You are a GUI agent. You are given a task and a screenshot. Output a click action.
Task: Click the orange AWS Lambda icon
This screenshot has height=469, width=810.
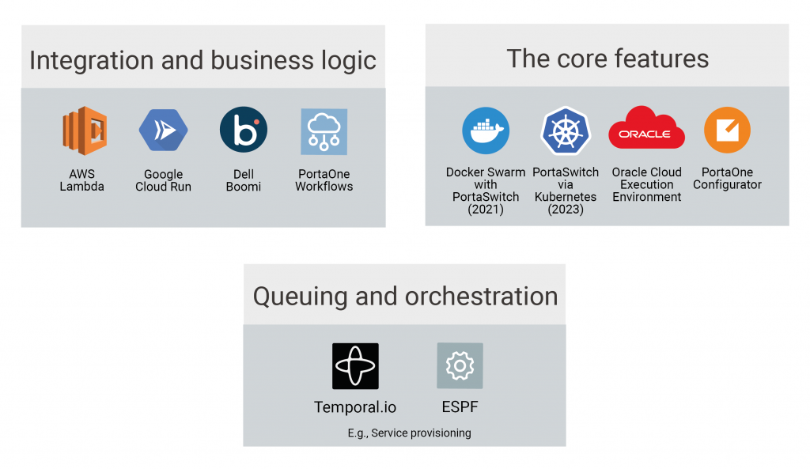tap(85, 130)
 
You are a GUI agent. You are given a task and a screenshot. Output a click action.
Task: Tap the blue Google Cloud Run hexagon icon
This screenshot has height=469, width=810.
tap(163, 130)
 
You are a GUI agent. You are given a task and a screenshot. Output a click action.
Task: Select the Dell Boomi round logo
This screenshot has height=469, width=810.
tap(244, 130)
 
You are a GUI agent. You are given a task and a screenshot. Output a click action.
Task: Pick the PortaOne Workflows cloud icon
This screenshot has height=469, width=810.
tap(324, 132)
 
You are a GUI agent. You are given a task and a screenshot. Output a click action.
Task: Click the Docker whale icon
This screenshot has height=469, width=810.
tap(486, 130)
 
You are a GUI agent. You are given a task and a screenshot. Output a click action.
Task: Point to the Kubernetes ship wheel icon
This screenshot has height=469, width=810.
tap(566, 130)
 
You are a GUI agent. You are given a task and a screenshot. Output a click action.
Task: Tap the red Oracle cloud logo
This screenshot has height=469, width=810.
tap(647, 127)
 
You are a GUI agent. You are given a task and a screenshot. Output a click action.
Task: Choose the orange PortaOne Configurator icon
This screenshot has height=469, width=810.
tap(728, 130)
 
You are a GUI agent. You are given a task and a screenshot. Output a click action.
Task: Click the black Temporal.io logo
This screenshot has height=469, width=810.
tap(355, 365)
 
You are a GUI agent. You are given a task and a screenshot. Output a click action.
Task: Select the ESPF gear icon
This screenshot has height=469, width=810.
tap(460, 365)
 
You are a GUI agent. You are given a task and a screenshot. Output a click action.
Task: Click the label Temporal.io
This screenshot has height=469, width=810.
tap(355, 407)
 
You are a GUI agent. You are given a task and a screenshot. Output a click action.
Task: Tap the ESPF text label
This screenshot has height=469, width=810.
tap(460, 407)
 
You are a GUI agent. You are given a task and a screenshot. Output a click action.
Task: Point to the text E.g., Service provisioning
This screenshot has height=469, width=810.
tap(409, 433)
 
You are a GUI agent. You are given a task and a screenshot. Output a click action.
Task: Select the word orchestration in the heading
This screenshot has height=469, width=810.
tap(482, 297)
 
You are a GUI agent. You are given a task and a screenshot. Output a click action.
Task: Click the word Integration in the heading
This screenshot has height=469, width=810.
tap(92, 60)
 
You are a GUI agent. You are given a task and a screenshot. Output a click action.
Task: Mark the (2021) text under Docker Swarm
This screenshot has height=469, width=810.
tap(486, 209)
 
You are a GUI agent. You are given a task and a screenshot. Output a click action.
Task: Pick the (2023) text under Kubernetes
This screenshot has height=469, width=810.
tap(566, 209)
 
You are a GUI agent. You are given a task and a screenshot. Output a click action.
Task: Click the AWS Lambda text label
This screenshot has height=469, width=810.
tap(81, 180)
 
